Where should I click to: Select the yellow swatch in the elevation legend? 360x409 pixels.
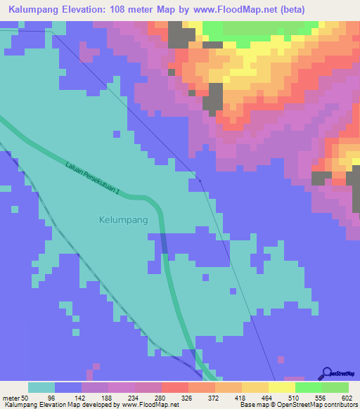tap(281, 387)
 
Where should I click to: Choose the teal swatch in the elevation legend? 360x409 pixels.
tap(41, 387)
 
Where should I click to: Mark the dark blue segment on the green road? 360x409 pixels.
tap(164, 243)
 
